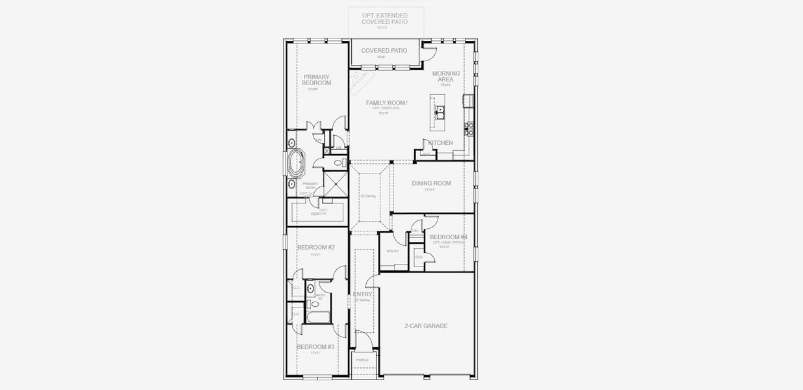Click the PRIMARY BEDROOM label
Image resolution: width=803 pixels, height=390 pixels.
point(317,80)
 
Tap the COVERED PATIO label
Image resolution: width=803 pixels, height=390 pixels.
point(384,51)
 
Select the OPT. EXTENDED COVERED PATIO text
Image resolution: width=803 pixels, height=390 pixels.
point(385,18)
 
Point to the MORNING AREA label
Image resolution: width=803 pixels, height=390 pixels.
point(446,77)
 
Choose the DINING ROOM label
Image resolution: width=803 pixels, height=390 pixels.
point(431,183)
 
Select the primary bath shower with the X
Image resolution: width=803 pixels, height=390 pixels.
point(336,184)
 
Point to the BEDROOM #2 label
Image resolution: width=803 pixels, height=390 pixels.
point(315,248)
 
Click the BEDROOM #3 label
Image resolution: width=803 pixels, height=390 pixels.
point(315,347)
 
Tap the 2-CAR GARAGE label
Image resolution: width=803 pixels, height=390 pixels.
point(426,326)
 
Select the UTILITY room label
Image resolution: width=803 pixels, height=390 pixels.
point(392,251)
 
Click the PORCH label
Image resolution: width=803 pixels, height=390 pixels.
point(362,359)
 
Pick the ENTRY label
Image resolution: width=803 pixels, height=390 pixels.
point(362,294)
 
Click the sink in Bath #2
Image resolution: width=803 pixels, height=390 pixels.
point(310,287)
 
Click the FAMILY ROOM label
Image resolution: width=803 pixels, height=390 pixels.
point(386,103)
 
